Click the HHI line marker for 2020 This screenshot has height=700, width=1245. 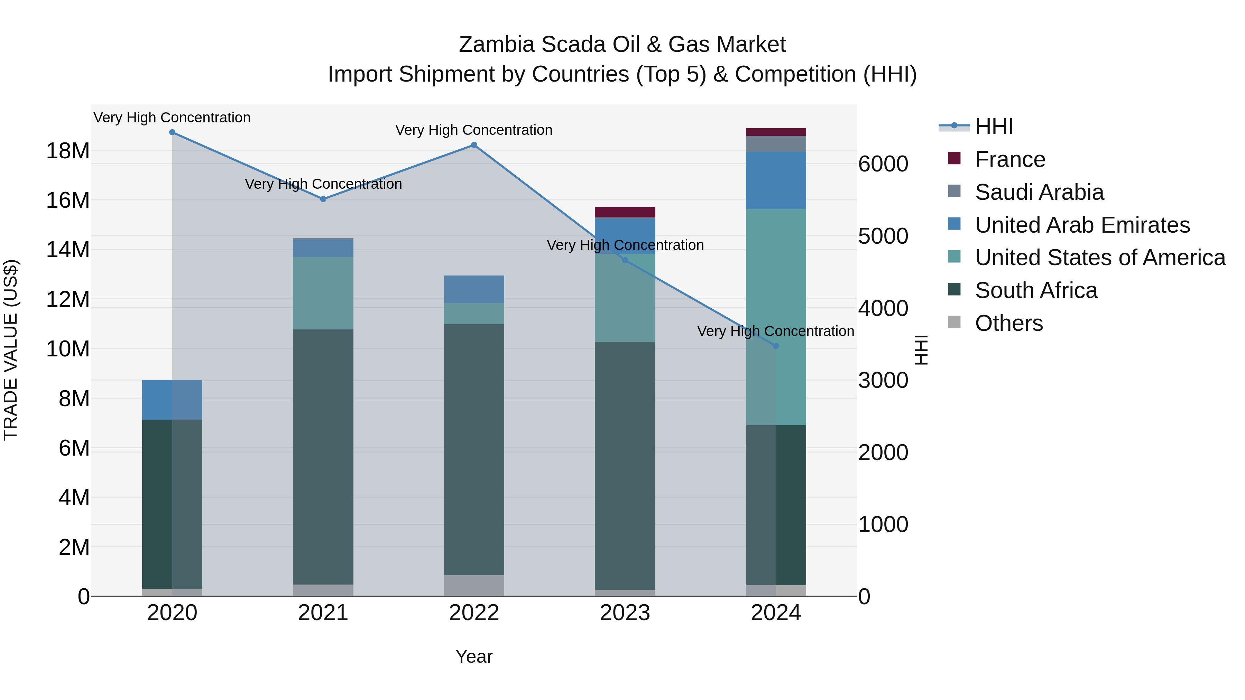[x=172, y=132]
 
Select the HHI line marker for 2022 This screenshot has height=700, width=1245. [x=474, y=145]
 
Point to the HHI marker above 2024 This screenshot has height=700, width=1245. [x=776, y=346]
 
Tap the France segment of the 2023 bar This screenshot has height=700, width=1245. [x=625, y=212]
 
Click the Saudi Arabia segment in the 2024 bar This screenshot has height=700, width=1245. [x=776, y=143]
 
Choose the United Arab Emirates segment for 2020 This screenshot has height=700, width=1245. [x=172, y=400]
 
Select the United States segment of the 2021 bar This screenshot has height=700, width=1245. [x=323, y=293]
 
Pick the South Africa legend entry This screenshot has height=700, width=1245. [x=1036, y=290]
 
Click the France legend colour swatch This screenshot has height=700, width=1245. [x=954, y=158]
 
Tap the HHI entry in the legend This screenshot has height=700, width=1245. [x=994, y=127]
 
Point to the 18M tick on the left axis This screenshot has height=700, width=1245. [x=68, y=151]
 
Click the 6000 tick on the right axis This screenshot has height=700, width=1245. [x=883, y=164]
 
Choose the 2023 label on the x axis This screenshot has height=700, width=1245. [x=625, y=613]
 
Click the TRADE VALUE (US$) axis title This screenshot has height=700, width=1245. [x=11, y=350]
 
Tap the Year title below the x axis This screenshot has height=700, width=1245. [x=474, y=656]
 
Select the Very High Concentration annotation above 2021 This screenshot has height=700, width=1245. [x=323, y=184]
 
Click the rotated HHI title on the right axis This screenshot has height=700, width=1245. [x=921, y=350]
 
